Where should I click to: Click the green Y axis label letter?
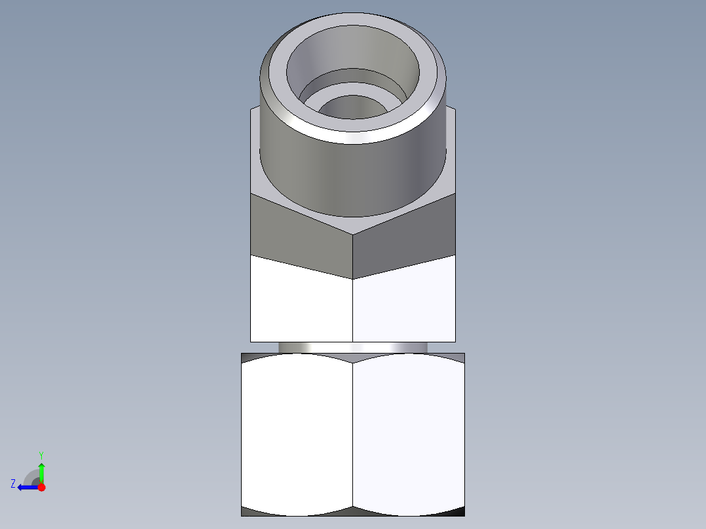click(41, 454)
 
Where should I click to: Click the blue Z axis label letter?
click(13, 484)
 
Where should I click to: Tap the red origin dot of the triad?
click(42, 487)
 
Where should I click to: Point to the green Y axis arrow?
click(41, 471)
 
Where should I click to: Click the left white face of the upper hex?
click(301, 304)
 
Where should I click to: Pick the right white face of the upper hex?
click(405, 304)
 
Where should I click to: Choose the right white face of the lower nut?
click(409, 432)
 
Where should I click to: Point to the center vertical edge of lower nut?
click(353, 432)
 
